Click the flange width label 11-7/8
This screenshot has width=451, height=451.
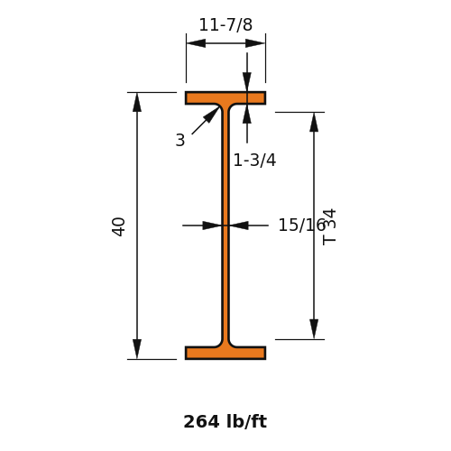tap(225, 24)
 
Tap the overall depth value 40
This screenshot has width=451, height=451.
tap(118, 226)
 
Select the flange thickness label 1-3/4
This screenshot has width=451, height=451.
tap(254, 160)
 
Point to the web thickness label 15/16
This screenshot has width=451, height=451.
tap(302, 225)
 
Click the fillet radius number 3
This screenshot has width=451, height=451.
tap(180, 140)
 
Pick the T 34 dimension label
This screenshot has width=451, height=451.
tap(329, 227)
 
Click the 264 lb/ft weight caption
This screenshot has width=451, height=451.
tap(225, 421)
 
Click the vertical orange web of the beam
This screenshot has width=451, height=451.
tap(225, 225)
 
